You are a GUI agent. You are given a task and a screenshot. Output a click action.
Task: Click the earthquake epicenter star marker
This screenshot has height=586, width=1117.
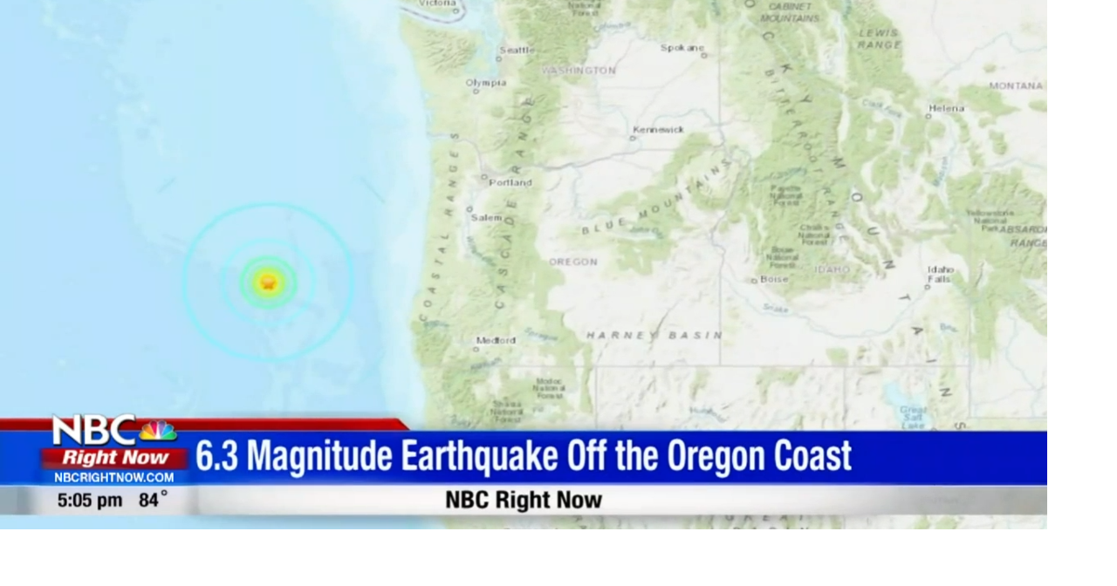[269, 283]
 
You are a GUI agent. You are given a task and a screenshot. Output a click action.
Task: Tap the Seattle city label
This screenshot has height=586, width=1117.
[517, 50]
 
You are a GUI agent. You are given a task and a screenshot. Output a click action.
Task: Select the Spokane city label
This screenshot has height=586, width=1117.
[682, 48]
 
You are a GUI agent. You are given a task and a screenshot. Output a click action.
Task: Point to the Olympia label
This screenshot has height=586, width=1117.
[486, 83]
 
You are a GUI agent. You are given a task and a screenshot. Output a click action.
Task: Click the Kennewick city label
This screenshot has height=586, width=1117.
[658, 130]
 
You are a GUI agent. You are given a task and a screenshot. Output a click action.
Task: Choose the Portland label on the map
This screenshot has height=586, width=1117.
[511, 183]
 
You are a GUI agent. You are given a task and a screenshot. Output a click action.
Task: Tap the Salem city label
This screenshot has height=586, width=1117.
[486, 217]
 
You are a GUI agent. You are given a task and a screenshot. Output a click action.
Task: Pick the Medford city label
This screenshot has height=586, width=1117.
[496, 341]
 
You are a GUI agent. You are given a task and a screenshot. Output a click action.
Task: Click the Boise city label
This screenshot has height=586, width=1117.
[774, 280]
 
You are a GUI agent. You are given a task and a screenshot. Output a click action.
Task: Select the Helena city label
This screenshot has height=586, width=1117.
[947, 109]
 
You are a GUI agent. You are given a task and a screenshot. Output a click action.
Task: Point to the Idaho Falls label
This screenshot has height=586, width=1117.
[940, 275]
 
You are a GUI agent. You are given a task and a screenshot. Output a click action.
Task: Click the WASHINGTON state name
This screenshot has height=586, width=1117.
[579, 71]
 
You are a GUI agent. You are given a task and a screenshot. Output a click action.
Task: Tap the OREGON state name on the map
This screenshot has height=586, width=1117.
[573, 262]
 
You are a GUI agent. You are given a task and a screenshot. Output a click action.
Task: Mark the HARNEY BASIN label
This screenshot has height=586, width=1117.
[654, 335]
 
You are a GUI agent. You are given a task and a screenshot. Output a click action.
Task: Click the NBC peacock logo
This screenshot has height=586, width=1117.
[157, 431]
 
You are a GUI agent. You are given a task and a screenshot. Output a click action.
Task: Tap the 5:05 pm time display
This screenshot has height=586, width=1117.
[90, 501]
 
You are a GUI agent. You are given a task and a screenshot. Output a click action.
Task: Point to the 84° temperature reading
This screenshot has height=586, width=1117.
[153, 501]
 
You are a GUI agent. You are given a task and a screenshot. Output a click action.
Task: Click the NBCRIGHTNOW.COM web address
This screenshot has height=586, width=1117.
[114, 478]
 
